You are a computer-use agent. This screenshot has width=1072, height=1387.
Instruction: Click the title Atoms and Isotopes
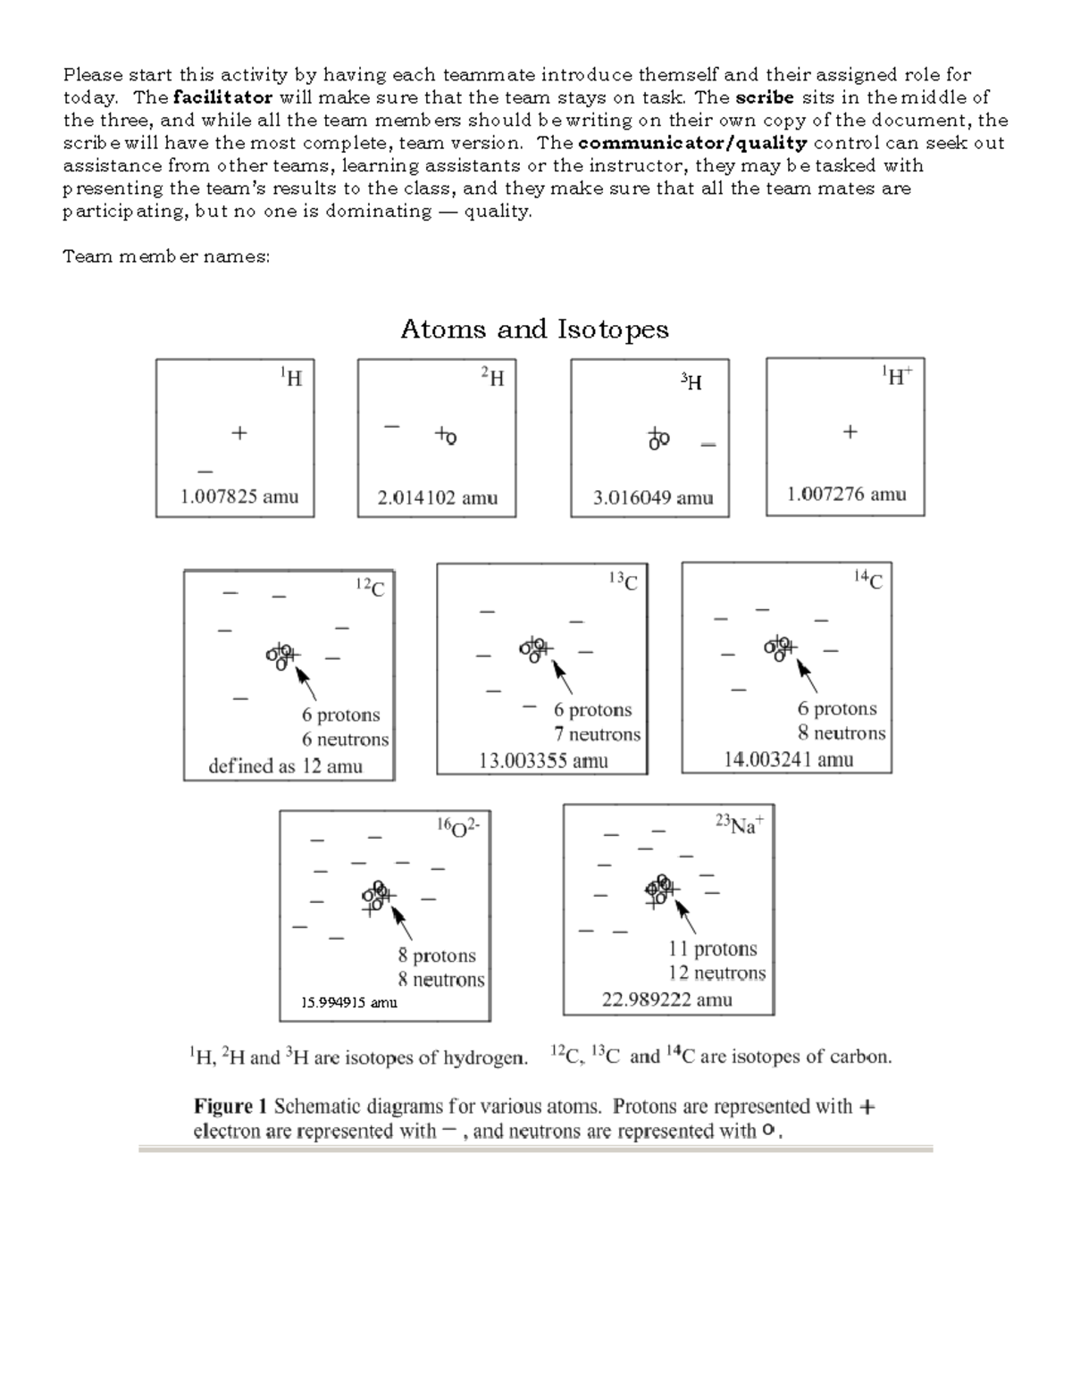(x=534, y=330)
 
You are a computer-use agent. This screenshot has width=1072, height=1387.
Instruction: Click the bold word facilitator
(x=223, y=97)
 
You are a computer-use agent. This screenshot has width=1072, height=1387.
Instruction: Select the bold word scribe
(x=764, y=97)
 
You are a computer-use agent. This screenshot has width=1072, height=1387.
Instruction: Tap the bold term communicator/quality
(x=692, y=143)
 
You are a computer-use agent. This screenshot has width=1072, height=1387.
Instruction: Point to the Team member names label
(x=166, y=257)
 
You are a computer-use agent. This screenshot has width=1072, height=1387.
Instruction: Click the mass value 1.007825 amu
(x=239, y=497)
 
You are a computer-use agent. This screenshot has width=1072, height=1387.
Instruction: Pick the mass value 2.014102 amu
(x=437, y=498)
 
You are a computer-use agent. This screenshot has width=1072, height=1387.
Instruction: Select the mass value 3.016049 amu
(x=653, y=498)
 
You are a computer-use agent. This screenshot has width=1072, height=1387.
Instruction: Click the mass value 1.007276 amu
(x=846, y=494)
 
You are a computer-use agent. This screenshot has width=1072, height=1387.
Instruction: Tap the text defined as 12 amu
(x=285, y=766)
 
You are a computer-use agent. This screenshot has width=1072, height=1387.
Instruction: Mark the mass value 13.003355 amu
(x=543, y=761)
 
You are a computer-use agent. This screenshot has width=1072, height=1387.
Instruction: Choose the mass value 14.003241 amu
(x=788, y=760)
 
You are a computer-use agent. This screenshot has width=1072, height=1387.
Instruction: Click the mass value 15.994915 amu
(x=348, y=1002)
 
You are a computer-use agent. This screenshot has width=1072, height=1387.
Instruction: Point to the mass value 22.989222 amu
(x=666, y=999)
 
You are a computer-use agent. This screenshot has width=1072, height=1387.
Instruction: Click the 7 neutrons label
(x=597, y=734)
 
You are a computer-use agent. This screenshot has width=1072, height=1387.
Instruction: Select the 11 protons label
(x=712, y=948)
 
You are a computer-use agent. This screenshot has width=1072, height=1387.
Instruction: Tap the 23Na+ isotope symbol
(x=739, y=824)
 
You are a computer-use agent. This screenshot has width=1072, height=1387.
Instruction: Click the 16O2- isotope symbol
(x=457, y=826)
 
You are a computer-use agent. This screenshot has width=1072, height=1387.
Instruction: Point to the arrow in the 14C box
(x=807, y=674)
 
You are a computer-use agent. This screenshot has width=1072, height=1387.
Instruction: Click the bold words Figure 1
(x=230, y=1107)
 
